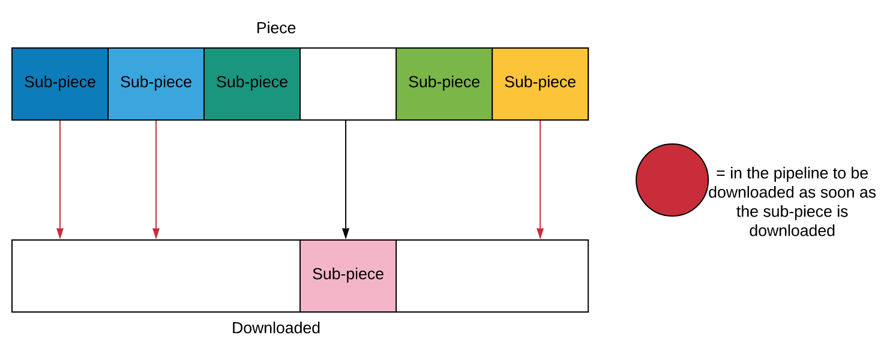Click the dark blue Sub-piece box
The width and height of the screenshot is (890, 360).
[60, 84]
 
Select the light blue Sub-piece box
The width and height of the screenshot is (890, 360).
[156, 84]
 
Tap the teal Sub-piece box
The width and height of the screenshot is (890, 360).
[252, 84]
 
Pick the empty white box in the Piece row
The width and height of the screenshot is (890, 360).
[348, 84]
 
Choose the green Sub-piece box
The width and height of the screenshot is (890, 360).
[444, 84]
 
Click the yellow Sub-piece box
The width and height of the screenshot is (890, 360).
[540, 84]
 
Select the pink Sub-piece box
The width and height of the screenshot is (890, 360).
[348, 276]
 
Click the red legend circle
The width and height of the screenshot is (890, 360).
[672, 180]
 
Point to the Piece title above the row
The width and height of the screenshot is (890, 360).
[275, 28]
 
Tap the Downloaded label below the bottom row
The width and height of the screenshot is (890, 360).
[275, 328]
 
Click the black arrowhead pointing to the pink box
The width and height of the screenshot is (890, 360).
[346, 233]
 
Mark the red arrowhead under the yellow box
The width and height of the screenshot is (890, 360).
[540, 233]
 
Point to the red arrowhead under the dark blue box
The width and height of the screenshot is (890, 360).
[60, 233]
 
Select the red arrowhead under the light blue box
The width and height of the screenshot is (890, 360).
[156, 233]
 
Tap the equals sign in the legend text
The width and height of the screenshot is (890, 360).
[721, 173]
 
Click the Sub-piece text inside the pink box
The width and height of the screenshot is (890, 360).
[348, 274]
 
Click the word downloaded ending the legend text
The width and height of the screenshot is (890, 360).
[792, 231]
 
